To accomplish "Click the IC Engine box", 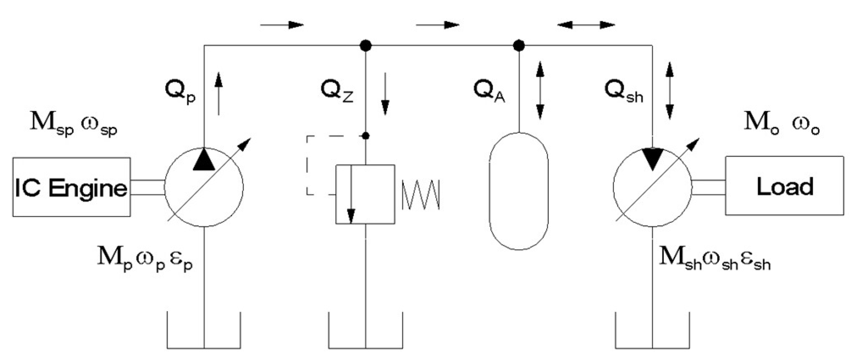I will (x=71, y=187).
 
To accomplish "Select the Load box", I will (x=785, y=186).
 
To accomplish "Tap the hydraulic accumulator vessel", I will (x=519, y=191).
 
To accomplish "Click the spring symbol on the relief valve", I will (x=421, y=195).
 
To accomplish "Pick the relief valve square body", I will (x=365, y=194).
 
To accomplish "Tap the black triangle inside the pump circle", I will (x=204, y=160).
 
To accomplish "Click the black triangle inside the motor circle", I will (x=652, y=158).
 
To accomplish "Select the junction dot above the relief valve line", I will (x=366, y=46).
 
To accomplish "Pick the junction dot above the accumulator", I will (x=519, y=46).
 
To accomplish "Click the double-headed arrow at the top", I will (x=586, y=25).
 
